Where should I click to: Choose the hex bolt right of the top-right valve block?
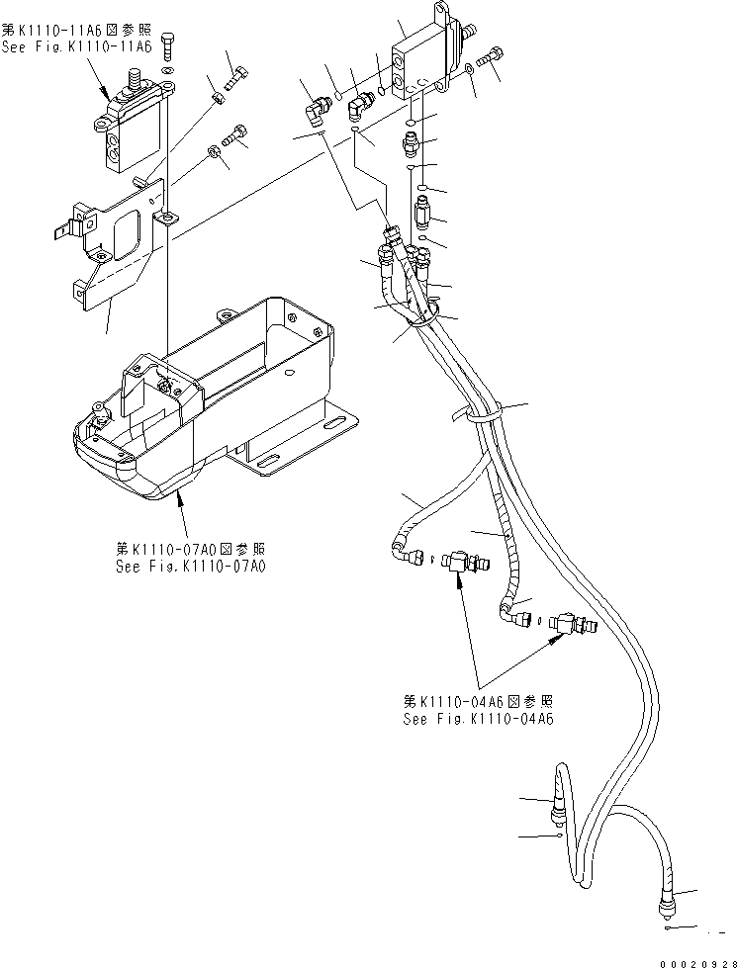pos(490,59)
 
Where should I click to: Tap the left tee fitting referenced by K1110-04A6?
pos(457,563)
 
